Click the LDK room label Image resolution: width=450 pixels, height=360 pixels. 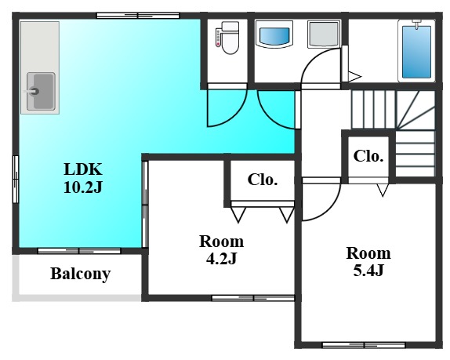click(83, 169)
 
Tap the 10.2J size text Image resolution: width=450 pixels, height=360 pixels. click(83, 187)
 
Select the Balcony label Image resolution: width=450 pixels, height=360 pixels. click(80, 274)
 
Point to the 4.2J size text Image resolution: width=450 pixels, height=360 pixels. click(221, 259)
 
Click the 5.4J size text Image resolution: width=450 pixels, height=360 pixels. click(368, 271)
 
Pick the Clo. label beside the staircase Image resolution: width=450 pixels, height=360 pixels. click(368, 156)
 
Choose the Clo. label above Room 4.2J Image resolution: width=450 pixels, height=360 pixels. click(263, 180)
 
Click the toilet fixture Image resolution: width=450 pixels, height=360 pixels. click(227, 38)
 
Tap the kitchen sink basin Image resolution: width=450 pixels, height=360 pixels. click(41, 92)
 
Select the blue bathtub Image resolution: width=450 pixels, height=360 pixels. click(416, 52)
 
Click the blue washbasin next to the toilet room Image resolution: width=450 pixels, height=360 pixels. click(274, 35)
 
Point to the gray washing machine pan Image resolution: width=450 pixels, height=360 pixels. click(324, 35)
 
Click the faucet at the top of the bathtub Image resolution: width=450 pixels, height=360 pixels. click(416, 24)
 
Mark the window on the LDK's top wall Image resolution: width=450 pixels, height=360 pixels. click(138, 16)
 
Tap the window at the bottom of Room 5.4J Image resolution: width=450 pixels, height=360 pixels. click(364, 345)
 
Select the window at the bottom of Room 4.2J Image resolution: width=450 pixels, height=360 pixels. click(253, 298)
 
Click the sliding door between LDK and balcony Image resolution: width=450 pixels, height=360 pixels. click(79, 251)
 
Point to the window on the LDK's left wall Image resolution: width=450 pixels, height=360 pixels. click(16, 180)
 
